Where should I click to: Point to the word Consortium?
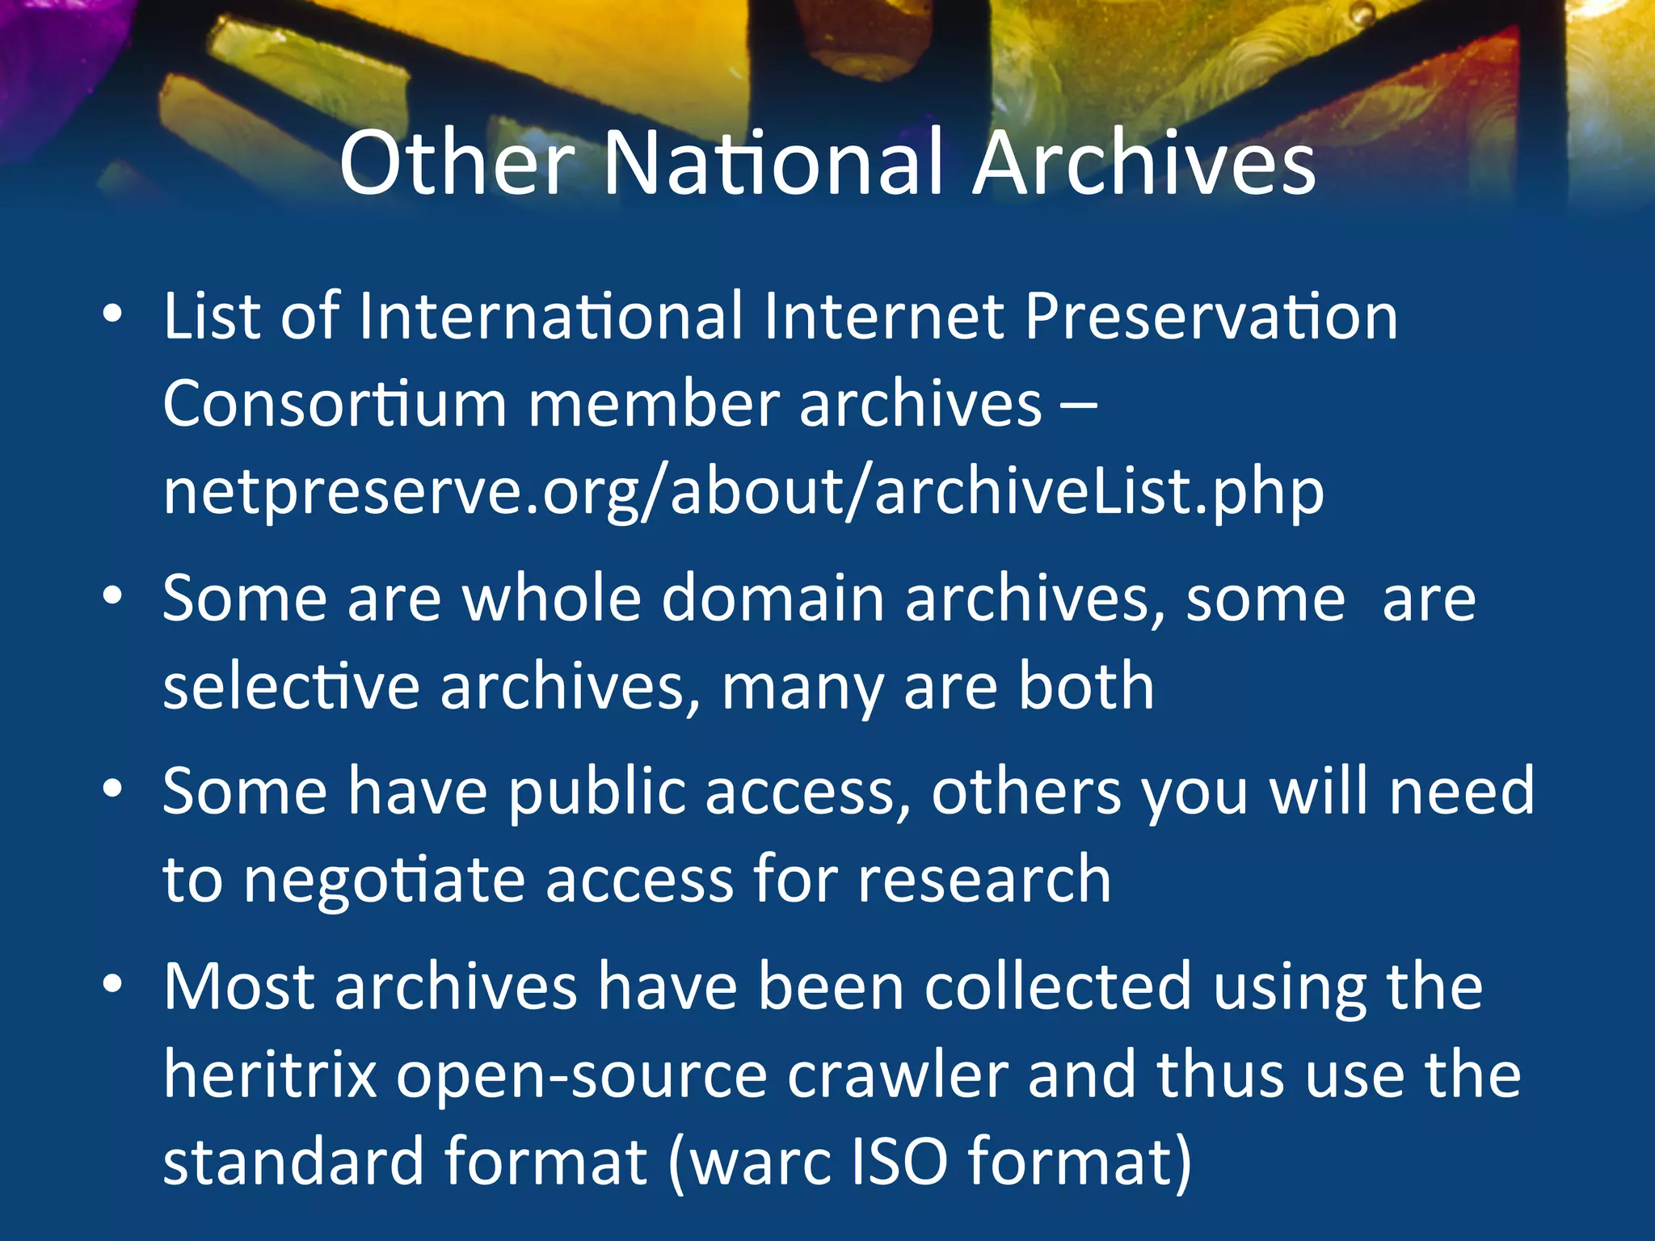pyautogui.click(x=335, y=403)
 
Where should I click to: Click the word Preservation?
pyautogui.click(x=1211, y=316)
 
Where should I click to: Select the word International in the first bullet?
pyautogui.click(x=550, y=316)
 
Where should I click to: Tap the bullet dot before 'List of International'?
pyautogui.click(x=112, y=314)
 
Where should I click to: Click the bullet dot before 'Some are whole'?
pyautogui.click(x=112, y=596)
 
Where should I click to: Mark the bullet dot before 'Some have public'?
pyautogui.click(x=112, y=789)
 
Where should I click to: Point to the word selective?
pyautogui.click(x=291, y=687)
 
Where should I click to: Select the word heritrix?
pyautogui.click(x=270, y=1075)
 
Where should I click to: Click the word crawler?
pyautogui.click(x=897, y=1075)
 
